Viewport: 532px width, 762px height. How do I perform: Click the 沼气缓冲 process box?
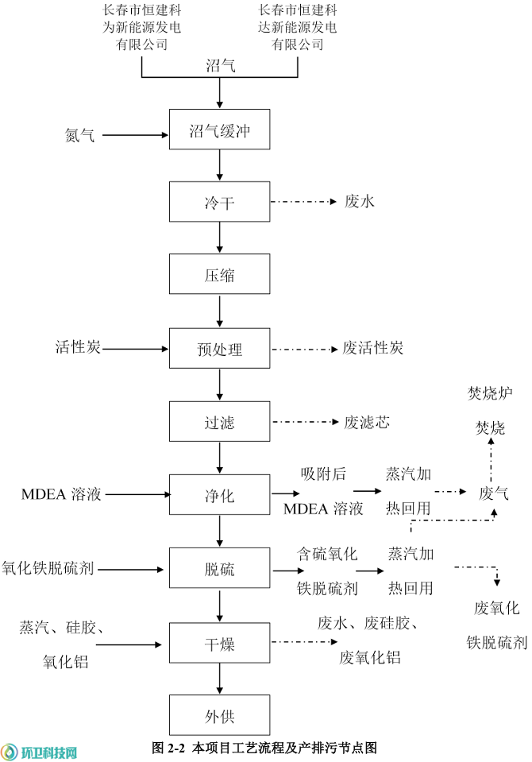pos(219,130)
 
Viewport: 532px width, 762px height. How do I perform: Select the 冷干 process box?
pos(219,203)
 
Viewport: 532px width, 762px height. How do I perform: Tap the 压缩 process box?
pos(219,276)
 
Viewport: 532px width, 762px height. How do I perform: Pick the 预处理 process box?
pos(219,349)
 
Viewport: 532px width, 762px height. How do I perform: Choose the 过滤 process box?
pos(219,422)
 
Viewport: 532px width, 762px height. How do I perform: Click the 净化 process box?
pos(219,495)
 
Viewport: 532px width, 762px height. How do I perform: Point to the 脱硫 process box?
pos(219,569)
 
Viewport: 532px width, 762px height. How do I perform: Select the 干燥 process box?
pos(219,643)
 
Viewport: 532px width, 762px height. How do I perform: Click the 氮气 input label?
pos(79,136)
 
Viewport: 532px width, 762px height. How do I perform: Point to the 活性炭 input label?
pos(78,347)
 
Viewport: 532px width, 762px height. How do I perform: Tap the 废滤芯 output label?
pos(367,422)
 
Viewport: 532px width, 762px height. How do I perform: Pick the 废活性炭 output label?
pos(373,348)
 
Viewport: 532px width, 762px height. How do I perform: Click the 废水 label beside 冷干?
pos(360,202)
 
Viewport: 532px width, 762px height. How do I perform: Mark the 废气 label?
pos(493,494)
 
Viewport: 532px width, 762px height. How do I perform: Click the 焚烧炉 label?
pos(490,393)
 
